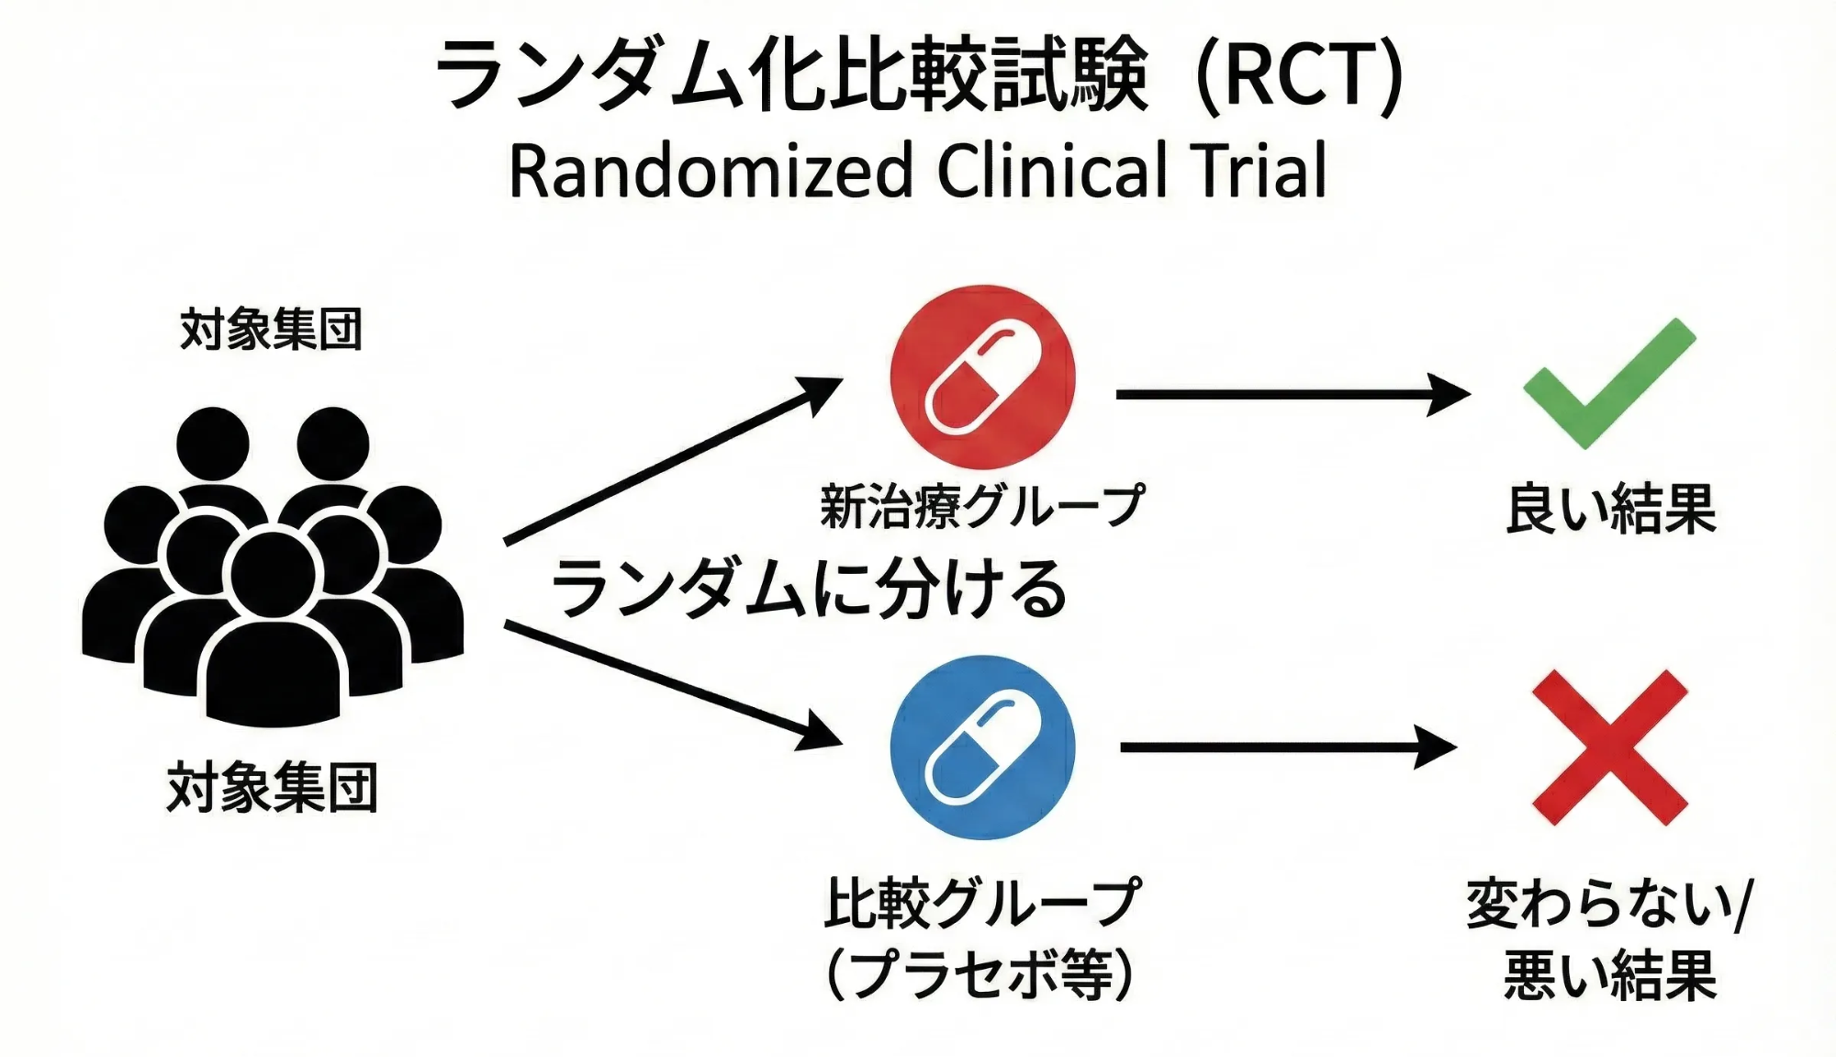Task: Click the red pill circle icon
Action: point(982,377)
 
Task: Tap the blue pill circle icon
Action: point(982,747)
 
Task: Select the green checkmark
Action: point(1608,384)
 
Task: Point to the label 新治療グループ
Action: point(981,506)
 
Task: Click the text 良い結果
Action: point(1610,509)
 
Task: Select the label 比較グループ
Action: point(981,903)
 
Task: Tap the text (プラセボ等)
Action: point(980,974)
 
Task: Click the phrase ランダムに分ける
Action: point(808,589)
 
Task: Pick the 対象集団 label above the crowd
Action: point(272,330)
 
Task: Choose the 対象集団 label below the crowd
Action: point(272,788)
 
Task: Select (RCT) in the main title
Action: point(1300,75)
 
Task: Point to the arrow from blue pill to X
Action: point(1285,747)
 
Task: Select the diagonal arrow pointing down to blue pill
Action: point(670,681)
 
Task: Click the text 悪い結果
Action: point(1610,974)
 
